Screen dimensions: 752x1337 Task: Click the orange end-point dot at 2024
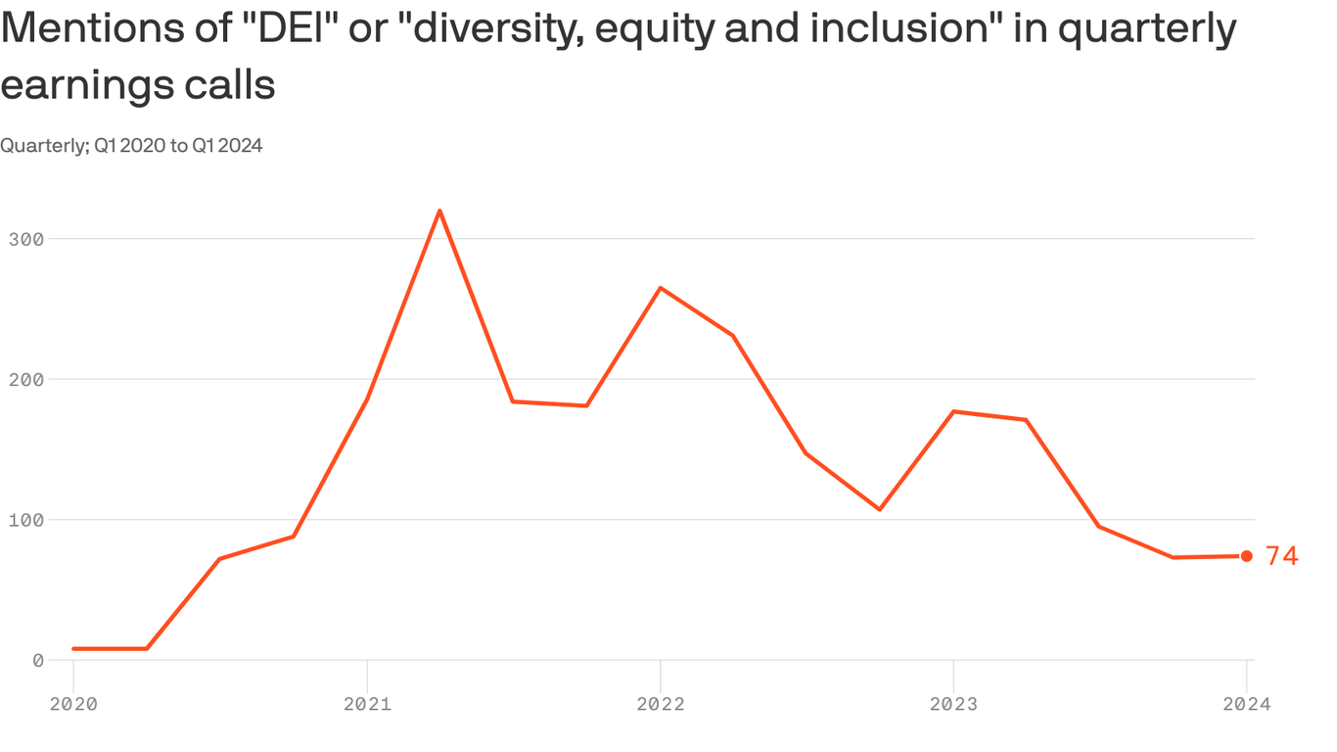1247,556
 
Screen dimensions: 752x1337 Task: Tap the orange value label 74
1281,556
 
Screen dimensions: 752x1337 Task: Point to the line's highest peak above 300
439,211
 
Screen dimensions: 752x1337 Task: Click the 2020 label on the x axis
73,703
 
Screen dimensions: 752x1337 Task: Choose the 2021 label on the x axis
367,703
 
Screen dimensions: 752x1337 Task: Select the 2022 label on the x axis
661,703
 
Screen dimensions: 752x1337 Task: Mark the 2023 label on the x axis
953,703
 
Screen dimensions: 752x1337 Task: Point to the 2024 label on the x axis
1247,703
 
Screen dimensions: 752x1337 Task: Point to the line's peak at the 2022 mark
661,288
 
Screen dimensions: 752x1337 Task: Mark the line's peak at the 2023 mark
953,411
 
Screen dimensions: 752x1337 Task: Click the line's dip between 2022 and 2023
880,509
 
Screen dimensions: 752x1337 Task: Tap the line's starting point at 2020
73,648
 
